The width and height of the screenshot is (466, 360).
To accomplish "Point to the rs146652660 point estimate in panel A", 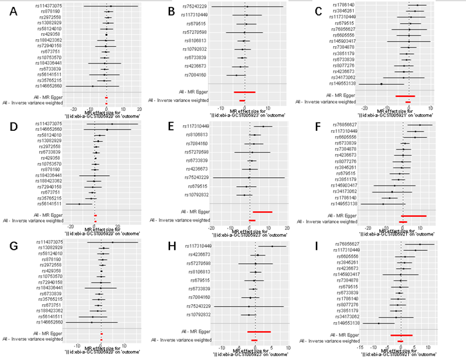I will coord(92,85).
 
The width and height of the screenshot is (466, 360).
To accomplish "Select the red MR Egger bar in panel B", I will coord(245,92).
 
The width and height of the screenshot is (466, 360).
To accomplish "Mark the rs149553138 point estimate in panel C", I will coord(381,84).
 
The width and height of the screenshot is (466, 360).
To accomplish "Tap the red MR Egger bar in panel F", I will coord(414,216).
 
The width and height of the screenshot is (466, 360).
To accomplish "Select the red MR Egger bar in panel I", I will coord(401,335).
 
